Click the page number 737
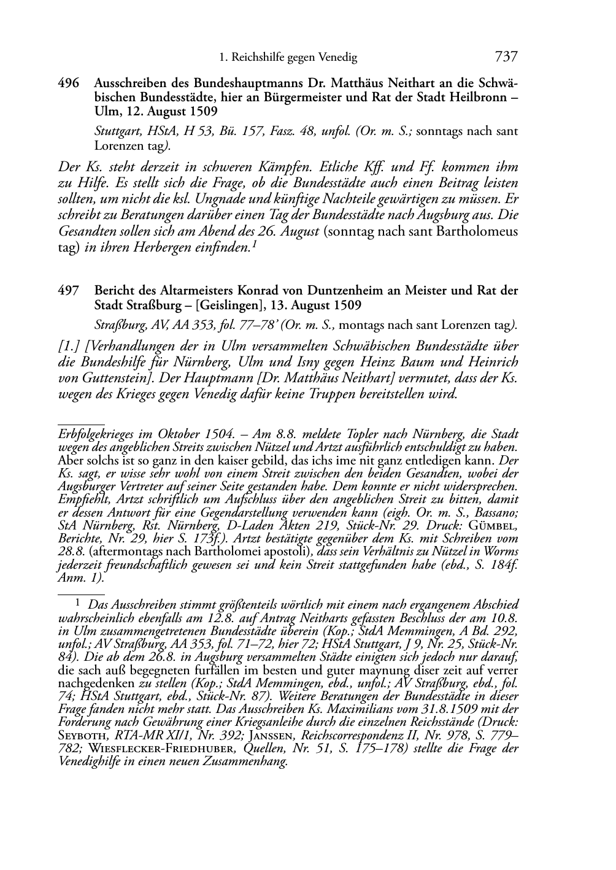tap(506, 57)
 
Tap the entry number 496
tap(68, 83)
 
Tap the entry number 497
tap(68, 291)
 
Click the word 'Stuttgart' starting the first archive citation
tap(115, 131)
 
